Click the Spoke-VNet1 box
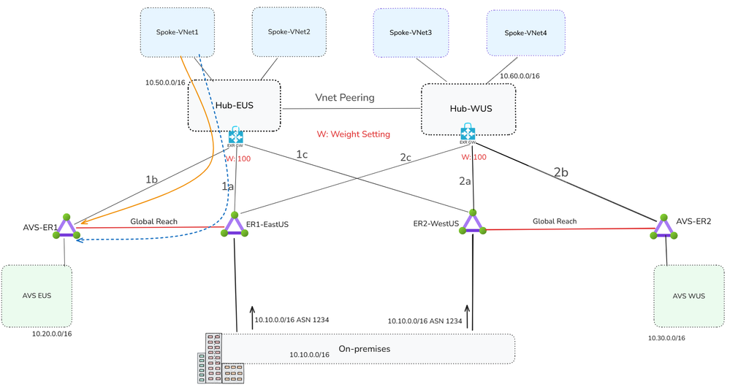[178, 32]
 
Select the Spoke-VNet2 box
[289, 31]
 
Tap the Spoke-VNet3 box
[410, 32]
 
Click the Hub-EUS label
[235, 105]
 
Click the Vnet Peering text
[345, 96]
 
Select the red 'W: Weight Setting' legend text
[353, 134]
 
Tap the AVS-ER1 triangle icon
[66, 227]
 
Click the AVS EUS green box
[37, 296]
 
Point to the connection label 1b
[151, 179]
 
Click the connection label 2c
[406, 157]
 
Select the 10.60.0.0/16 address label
[520, 76]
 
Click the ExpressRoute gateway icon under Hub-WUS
[468, 133]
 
